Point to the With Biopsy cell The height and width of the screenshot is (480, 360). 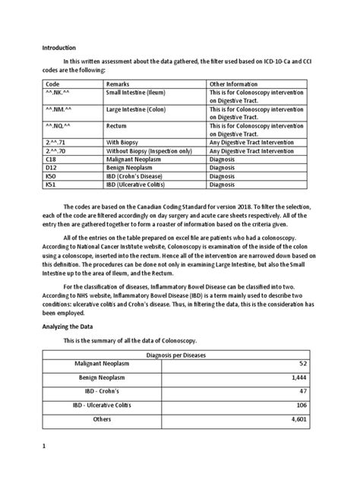pyautogui.click(x=124, y=143)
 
